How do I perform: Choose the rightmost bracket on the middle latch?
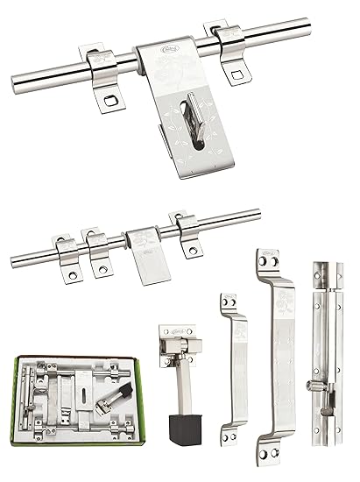[186, 233]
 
